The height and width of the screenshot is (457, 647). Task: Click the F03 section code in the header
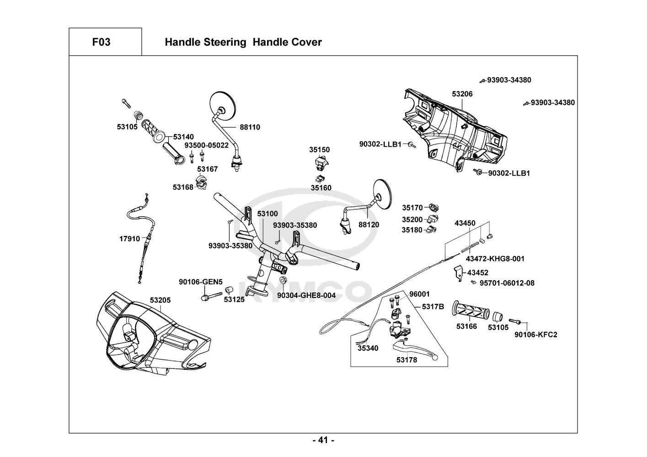[x=101, y=43]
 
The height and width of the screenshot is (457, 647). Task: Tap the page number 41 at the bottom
[x=323, y=441]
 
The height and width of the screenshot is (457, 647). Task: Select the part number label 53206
[x=462, y=94]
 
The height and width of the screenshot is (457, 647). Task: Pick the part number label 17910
[x=129, y=239]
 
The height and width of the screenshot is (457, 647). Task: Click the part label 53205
[x=160, y=300]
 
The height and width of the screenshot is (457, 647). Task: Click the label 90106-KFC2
[x=536, y=335]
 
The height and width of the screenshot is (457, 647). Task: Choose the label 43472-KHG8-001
[x=495, y=259]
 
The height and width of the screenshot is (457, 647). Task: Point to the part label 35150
[x=319, y=150]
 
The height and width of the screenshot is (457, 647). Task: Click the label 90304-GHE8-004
[x=306, y=296]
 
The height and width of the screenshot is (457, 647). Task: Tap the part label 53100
[x=267, y=214]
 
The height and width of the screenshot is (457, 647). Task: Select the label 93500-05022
[x=206, y=145]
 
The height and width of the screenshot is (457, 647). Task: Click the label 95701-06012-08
[x=507, y=283]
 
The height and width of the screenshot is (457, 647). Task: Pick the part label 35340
[x=368, y=348]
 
